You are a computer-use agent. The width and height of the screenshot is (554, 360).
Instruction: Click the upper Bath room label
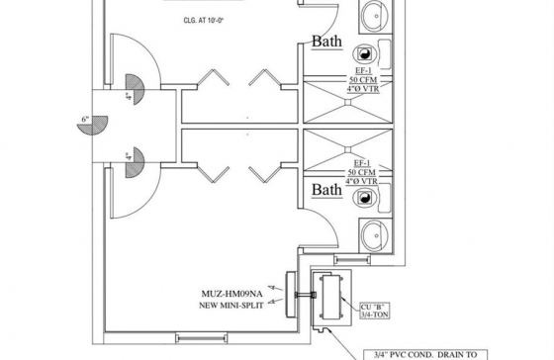click(326, 42)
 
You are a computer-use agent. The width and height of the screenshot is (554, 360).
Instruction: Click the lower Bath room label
click(326, 190)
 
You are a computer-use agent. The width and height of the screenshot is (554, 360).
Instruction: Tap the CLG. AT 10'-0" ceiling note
click(204, 20)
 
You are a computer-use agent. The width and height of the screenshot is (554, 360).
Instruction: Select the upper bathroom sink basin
click(375, 16)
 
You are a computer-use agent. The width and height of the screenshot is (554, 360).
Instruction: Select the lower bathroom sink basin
click(375, 235)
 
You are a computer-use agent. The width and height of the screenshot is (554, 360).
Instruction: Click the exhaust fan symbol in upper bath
click(364, 54)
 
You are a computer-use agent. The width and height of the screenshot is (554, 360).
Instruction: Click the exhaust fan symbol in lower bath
click(364, 198)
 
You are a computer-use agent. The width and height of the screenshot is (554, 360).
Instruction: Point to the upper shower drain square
click(348, 102)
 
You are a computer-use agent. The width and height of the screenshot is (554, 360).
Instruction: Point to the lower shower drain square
click(348, 149)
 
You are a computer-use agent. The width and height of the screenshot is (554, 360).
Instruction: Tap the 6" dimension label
click(85, 119)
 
